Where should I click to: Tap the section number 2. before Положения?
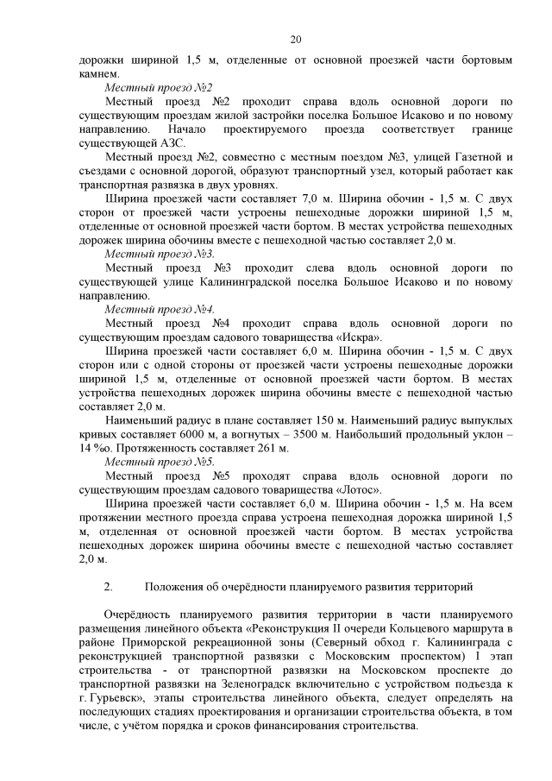pos(109,587)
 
